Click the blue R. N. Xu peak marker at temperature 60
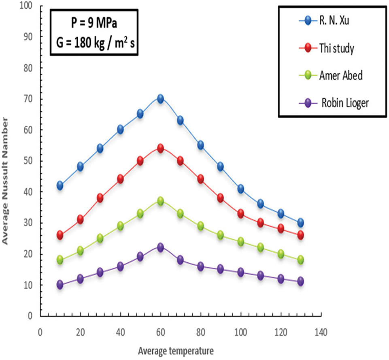click(x=160, y=99)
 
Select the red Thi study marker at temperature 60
click(x=160, y=148)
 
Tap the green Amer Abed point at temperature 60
click(x=160, y=201)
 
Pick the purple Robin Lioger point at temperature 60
click(x=160, y=247)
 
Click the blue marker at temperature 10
click(x=60, y=185)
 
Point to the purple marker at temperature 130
click(x=300, y=281)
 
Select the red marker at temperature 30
click(x=100, y=198)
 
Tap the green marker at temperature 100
click(x=240, y=242)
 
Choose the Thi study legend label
click(x=337, y=49)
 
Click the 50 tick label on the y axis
click(x=30, y=161)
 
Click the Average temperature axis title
click(x=175, y=349)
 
